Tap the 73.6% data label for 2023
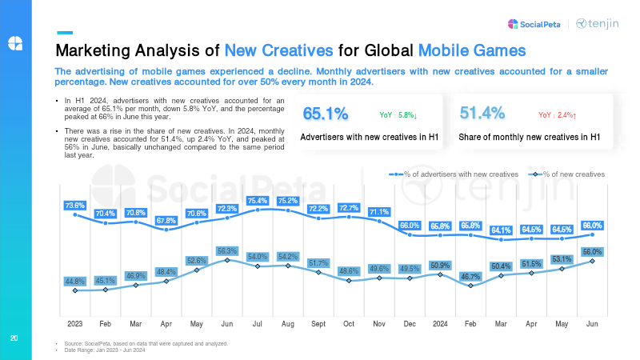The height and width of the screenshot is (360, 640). (74, 206)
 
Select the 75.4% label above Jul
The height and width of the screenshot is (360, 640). (258, 200)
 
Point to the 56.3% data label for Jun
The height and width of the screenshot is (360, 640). (227, 250)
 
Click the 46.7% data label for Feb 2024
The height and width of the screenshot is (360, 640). (470, 276)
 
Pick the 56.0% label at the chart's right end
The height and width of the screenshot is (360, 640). (592, 251)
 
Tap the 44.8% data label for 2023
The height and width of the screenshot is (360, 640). (74, 282)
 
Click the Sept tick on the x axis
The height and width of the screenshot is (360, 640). (318, 323)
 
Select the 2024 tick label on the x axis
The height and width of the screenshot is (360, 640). (440, 323)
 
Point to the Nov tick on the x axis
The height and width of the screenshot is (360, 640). (379, 323)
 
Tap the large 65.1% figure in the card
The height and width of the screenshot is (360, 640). (325, 114)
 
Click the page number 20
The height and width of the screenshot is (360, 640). (14, 338)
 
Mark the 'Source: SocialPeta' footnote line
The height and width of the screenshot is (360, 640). (140, 343)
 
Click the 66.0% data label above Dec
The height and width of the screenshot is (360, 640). (410, 226)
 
